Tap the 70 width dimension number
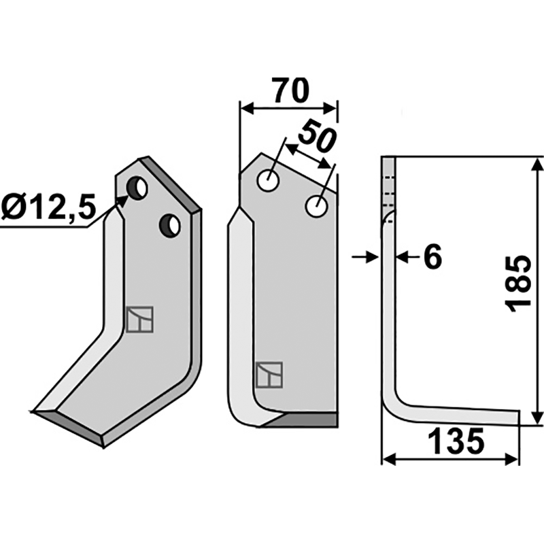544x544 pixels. (290, 90)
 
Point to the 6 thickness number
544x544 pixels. (433, 257)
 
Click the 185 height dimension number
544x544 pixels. (518, 284)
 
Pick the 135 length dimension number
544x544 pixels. (456, 441)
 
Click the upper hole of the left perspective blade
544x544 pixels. (137, 188)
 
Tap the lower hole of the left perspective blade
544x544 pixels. (169, 226)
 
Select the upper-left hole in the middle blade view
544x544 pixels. (268, 180)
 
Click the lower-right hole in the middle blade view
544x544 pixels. (316, 207)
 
